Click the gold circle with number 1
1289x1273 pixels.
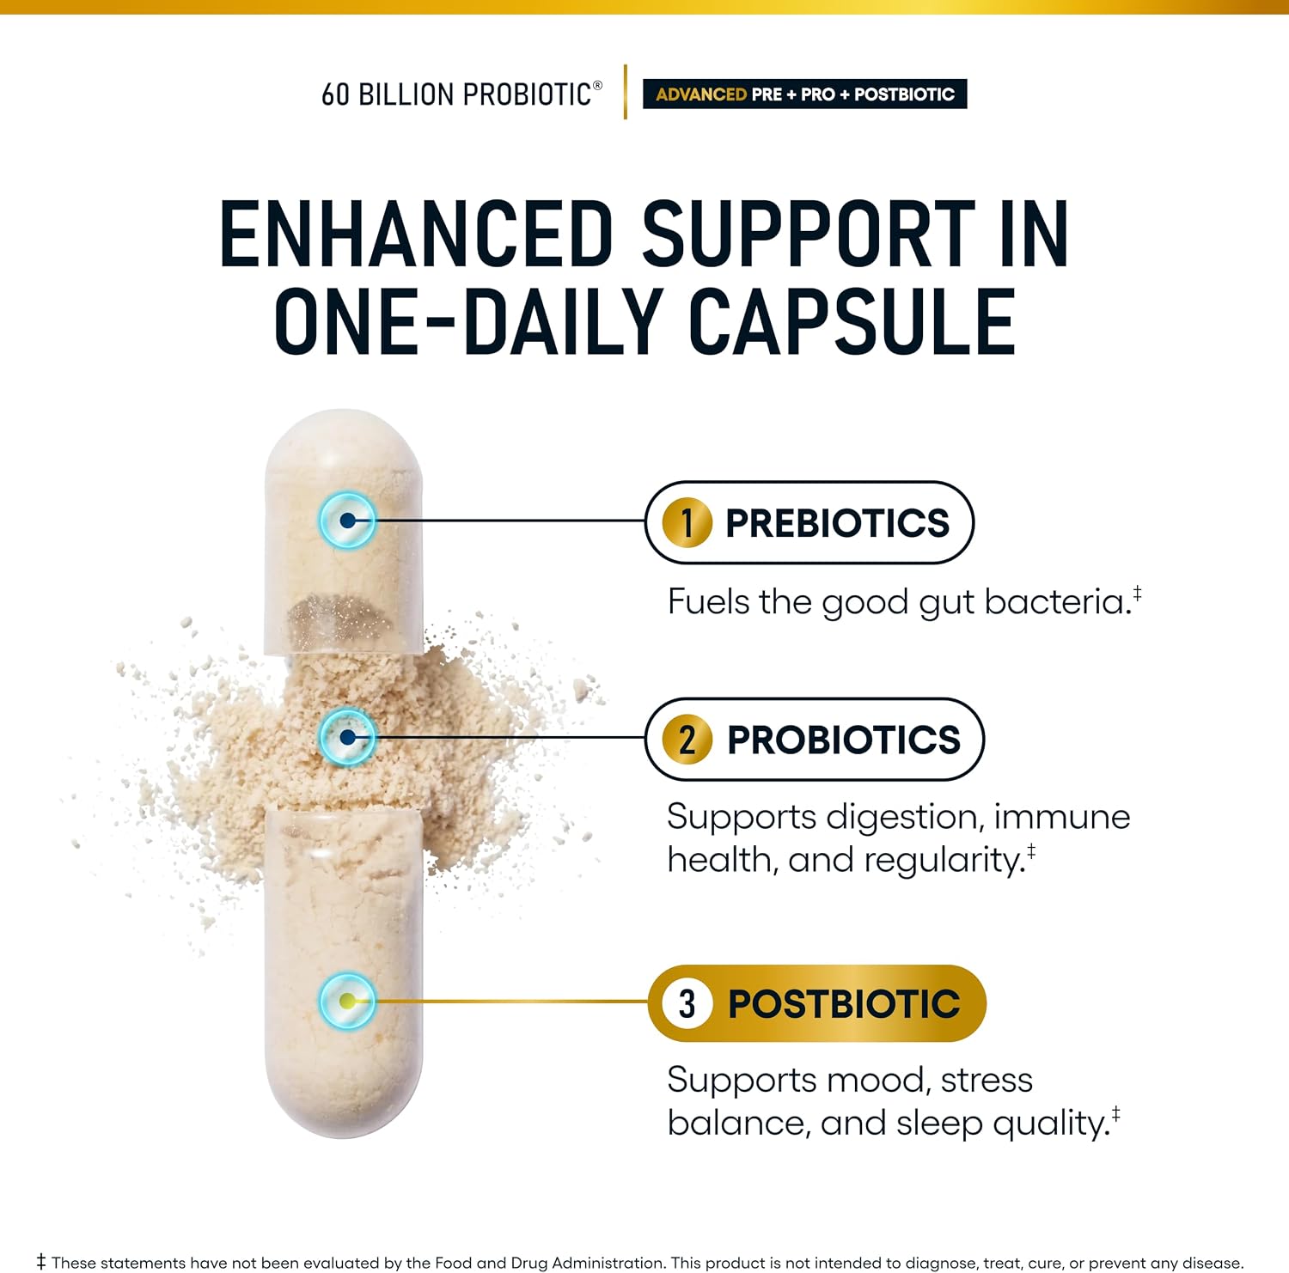tap(687, 522)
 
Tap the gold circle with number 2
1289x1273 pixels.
tap(687, 739)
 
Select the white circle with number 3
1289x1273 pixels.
tap(687, 1003)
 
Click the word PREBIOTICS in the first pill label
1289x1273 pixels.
tap(837, 523)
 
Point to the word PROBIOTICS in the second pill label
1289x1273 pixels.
tap(844, 740)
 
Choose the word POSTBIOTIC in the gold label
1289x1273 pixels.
tap(844, 1004)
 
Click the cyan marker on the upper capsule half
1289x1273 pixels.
tap(347, 521)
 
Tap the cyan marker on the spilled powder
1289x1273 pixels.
tap(347, 737)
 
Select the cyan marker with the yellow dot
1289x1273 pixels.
tap(347, 1001)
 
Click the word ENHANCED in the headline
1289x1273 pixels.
tap(417, 234)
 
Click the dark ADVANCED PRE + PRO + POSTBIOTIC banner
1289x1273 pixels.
tap(805, 94)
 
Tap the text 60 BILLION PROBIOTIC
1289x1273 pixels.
tap(456, 94)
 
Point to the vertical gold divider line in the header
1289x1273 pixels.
tap(626, 92)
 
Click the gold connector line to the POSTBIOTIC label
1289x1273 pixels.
tap(512, 1002)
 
